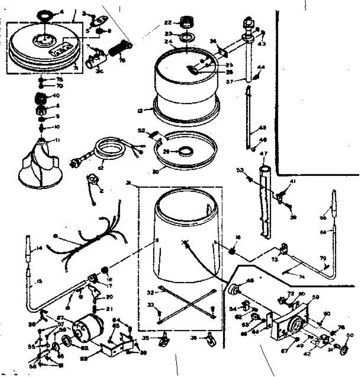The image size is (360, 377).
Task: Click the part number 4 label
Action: [62, 13]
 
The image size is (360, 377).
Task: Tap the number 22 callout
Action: [168, 22]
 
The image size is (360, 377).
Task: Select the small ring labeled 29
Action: [186, 152]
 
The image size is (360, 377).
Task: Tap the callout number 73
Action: [275, 260]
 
